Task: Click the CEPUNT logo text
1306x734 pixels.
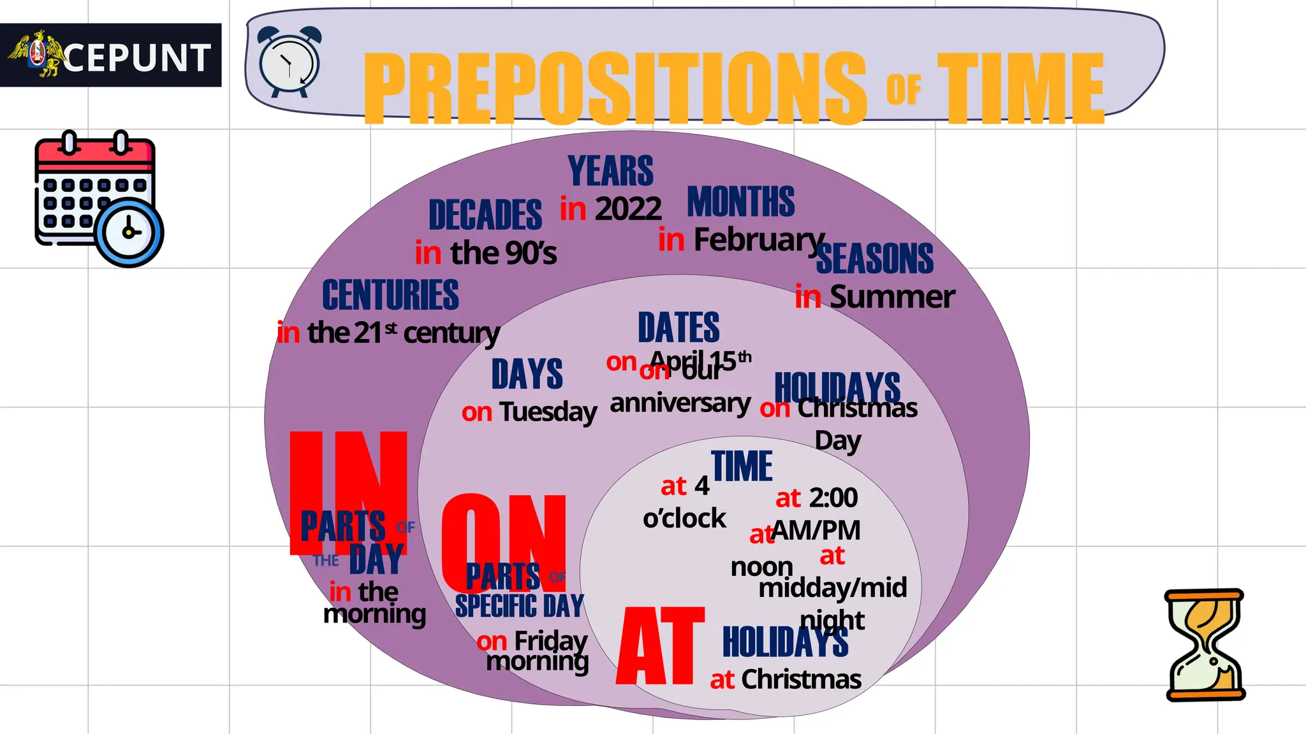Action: pyautogui.click(x=136, y=58)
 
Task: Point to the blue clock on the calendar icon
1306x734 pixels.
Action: pyautogui.click(x=129, y=233)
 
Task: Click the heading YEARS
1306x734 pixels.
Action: pyautogui.click(x=610, y=171)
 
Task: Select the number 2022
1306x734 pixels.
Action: pyautogui.click(x=628, y=209)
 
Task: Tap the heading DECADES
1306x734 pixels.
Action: pyautogui.click(x=485, y=215)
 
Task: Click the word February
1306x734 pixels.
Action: pyautogui.click(x=759, y=240)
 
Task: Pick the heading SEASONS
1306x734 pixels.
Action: pyautogui.click(x=875, y=259)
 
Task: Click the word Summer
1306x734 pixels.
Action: pyautogui.click(x=892, y=297)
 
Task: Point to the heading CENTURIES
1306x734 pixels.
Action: pyautogui.click(x=390, y=295)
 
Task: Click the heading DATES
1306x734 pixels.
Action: pyautogui.click(x=679, y=327)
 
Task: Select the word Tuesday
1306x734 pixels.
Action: pyautogui.click(x=548, y=412)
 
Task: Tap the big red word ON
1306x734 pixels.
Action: pyautogui.click(x=504, y=542)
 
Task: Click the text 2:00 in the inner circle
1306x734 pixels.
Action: pyautogui.click(x=833, y=498)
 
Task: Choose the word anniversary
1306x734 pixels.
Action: pyautogui.click(x=680, y=404)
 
